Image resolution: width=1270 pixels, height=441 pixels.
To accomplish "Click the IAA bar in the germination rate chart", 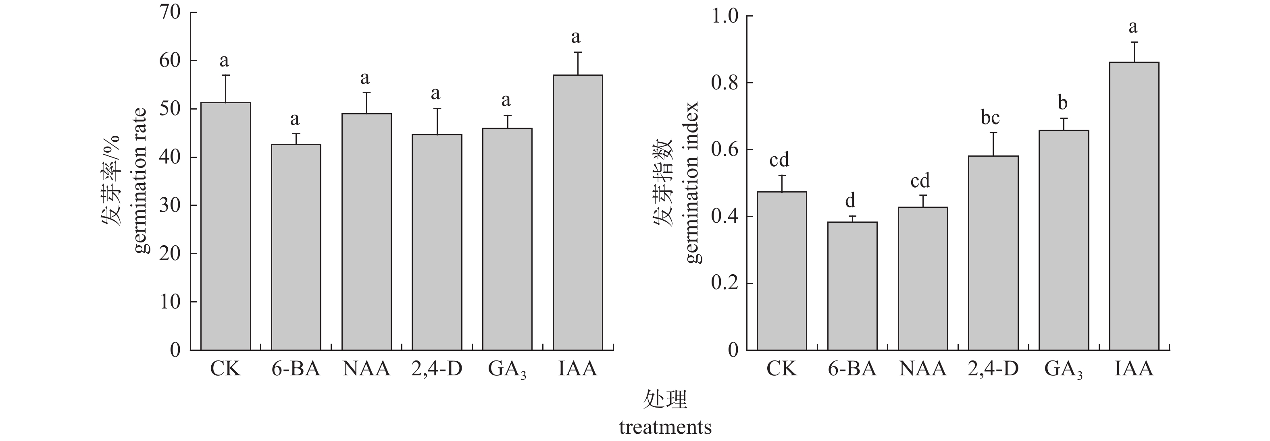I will tap(577, 212).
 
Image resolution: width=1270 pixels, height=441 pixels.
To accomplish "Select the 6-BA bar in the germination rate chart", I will tap(296, 247).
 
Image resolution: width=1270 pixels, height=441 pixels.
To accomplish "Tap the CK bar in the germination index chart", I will tap(782, 271).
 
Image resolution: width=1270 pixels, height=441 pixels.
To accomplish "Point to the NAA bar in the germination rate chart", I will tap(366, 232).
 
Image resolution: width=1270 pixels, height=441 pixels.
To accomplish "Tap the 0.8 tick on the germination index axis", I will tap(725, 83).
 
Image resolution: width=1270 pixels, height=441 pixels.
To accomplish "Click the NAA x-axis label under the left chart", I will tap(366, 369).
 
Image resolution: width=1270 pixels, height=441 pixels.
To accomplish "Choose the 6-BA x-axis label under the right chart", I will tap(852, 369).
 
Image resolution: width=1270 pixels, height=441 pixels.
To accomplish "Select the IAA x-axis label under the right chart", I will tap(1134, 369).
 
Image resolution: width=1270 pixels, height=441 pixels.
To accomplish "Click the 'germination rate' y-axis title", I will tap(141, 180).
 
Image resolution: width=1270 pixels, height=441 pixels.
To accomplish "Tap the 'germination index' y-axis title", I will tap(693, 182).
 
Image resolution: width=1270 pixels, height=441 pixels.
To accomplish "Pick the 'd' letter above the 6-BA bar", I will tap(850, 201).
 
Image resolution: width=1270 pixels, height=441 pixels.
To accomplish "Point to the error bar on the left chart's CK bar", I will tap(225, 88).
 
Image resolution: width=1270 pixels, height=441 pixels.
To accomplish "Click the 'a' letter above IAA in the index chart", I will tap(1133, 27).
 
